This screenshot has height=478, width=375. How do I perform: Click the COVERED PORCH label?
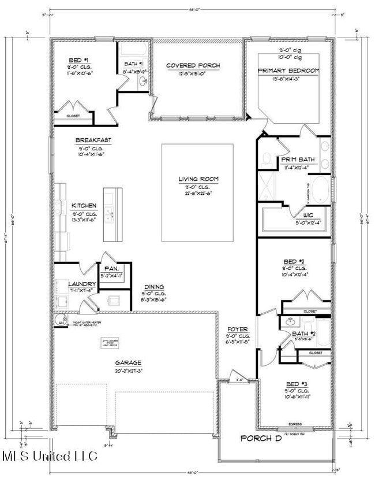[193, 65]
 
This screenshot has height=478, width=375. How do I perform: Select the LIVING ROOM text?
[198, 179]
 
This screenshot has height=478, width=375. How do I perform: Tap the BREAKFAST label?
[93, 140]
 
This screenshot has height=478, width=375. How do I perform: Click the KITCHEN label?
[84, 206]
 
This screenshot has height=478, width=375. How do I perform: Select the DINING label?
[154, 286]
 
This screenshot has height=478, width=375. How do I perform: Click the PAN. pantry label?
[111, 268]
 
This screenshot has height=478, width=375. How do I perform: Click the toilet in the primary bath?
[267, 159]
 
